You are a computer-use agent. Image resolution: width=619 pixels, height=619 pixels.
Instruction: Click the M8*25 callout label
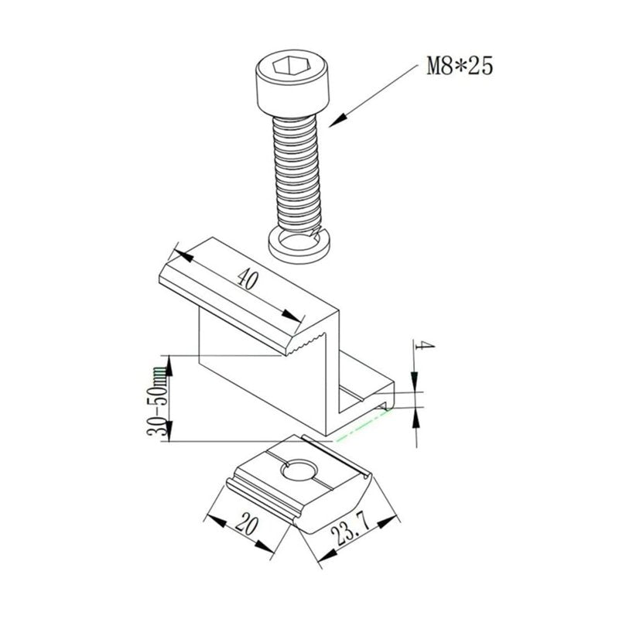tap(460, 66)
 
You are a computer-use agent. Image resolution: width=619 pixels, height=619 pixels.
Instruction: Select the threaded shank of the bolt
tap(296, 173)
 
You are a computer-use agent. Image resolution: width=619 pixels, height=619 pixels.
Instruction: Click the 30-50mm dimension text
tap(158, 401)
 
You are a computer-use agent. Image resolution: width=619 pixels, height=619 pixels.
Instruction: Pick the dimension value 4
tap(424, 346)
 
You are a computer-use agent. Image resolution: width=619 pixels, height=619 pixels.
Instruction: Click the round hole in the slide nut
tap(299, 470)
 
